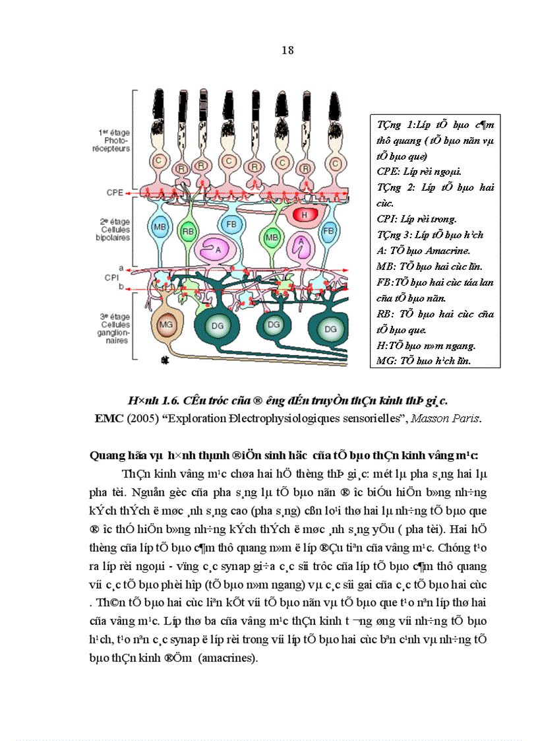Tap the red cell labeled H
[x=305, y=215]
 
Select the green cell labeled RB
[x=187, y=230]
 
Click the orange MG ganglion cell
[x=167, y=324]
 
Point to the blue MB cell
[x=160, y=226]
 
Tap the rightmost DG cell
[x=330, y=329]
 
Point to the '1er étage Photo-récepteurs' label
[x=112, y=141]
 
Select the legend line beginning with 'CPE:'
[x=419, y=172]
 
